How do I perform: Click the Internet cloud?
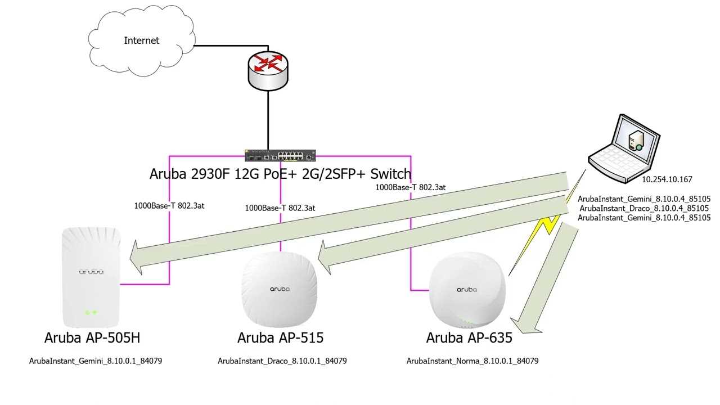coord(141,40)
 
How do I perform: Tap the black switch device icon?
coord(280,156)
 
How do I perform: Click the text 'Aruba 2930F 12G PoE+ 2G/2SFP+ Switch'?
coord(280,174)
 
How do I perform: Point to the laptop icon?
coord(624,150)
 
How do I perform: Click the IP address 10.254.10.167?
coord(667,179)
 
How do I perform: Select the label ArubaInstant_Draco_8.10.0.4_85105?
coord(644,208)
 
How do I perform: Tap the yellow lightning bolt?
coord(546,225)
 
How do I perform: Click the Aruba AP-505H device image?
coord(91,277)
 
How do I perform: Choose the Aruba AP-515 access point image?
coord(280,288)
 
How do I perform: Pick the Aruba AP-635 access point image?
coord(467,290)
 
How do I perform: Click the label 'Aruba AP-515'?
coord(280,337)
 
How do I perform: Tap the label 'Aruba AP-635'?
coord(469,337)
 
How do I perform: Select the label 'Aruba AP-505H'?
coord(92,337)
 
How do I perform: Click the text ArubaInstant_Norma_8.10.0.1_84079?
coord(472,361)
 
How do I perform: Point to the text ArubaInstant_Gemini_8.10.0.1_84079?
coord(96,361)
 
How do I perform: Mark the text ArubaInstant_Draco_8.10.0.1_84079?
coord(282,361)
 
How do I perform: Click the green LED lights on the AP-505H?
coord(91,312)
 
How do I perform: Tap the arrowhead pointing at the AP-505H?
coord(136,258)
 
